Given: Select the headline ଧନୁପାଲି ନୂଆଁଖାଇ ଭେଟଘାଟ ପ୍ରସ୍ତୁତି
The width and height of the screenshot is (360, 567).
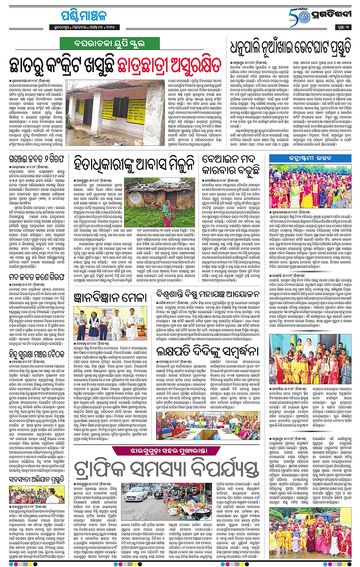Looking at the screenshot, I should click(x=290, y=46).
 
